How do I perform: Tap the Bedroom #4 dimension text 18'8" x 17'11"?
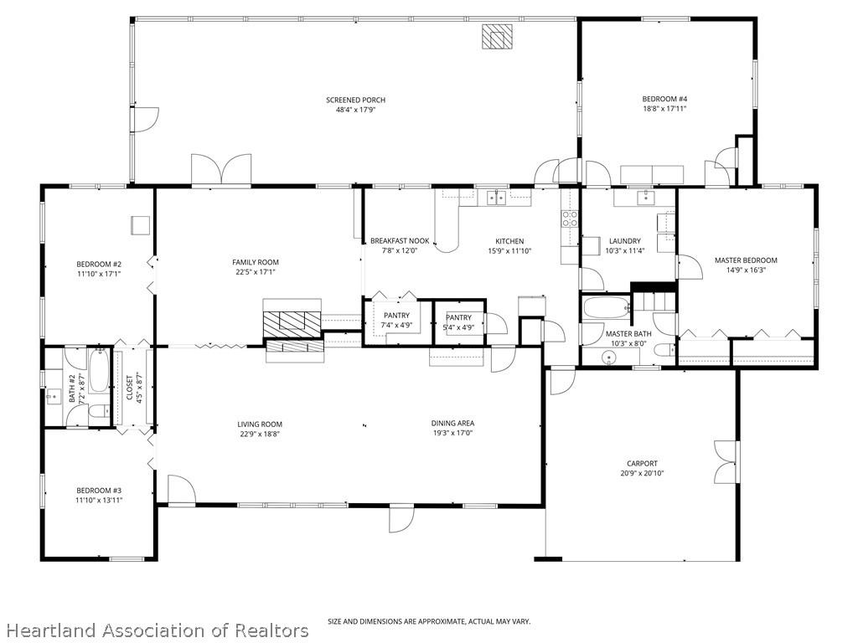[x=664, y=108]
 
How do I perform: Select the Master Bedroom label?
[x=746, y=260]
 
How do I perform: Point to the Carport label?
[x=642, y=464]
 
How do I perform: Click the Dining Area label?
[x=452, y=424]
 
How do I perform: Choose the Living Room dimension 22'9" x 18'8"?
[x=259, y=434]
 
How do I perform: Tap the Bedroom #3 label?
[x=99, y=491]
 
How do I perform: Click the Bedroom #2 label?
[x=99, y=265]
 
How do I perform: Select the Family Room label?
[x=256, y=262]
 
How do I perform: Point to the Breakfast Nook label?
[x=400, y=241]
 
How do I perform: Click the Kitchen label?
[x=509, y=241]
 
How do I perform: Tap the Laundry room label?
[x=624, y=241]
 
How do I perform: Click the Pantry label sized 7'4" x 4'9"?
[x=396, y=316]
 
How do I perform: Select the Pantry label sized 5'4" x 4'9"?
[x=458, y=317]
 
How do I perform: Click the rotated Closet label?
[x=129, y=388]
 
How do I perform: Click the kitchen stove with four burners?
[x=570, y=219]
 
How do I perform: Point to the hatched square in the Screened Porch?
[x=497, y=37]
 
